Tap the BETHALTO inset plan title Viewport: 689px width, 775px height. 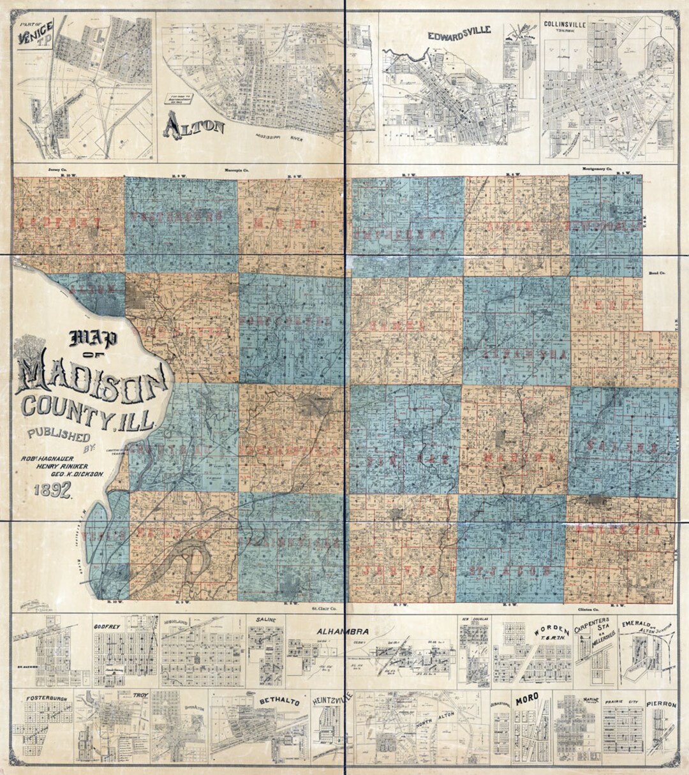point(279,701)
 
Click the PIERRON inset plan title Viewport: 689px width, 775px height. point(661,704)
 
